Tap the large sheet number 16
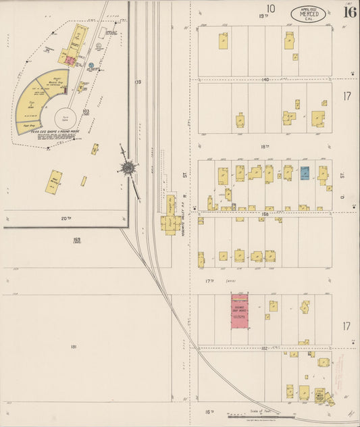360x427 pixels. [x=350, y=11]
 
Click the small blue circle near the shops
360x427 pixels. [x=91, y=66]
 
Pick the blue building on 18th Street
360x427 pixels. [x=305, y=172]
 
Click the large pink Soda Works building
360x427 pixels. [x=240, y=311]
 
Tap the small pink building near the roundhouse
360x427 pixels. [x=69, y=60]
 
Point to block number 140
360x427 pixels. [x=265, y=80]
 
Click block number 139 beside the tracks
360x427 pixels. [x=138, y=82]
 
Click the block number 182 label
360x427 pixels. [x=265, y=348]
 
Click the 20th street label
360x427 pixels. [x=65, y=218]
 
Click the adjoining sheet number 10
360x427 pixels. [x=271, y=9]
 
